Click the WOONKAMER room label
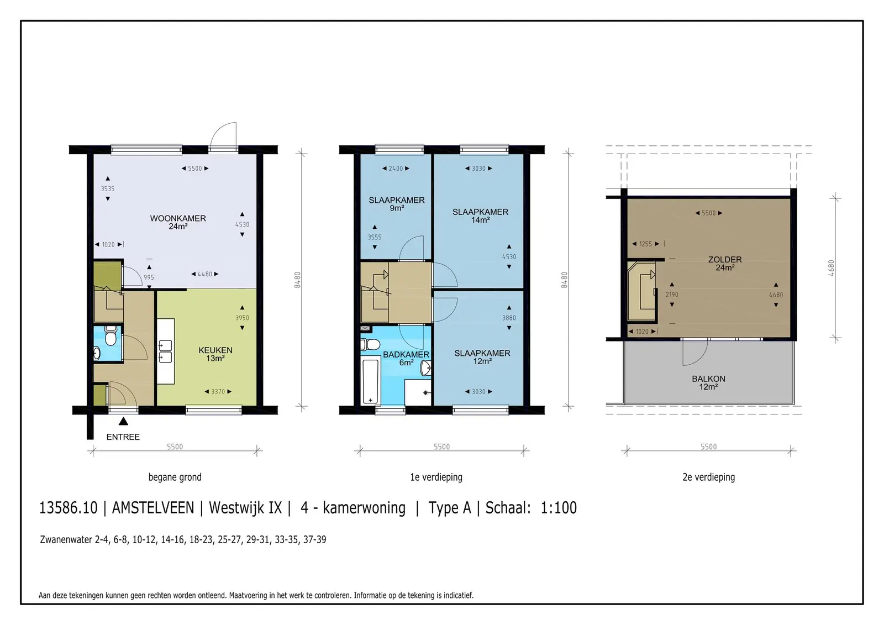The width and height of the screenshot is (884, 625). [178, 222]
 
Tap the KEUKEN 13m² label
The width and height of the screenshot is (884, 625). [215, 354]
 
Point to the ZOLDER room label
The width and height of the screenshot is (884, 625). [725, 264]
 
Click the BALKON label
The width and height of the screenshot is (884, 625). [708, 382]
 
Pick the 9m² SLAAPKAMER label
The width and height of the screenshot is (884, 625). [397, 204]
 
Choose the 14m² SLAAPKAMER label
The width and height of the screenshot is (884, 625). [480, 216]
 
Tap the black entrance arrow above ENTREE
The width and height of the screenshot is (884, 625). [123, 421]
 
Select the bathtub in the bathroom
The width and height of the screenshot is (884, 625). [370, 381]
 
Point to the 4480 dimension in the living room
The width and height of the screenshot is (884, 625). [205, 274]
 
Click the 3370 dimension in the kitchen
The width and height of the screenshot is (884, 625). [218, 392]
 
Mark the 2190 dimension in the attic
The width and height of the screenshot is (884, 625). [672, 295]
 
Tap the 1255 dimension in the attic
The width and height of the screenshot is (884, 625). [646, 244]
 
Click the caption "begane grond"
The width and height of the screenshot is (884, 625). [175, 477]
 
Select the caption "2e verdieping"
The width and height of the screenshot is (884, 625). [709, 477]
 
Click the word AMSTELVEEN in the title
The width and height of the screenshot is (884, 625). [153, 508]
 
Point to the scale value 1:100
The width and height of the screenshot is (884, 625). [559, 508]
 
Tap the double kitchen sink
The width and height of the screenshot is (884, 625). [165, 351]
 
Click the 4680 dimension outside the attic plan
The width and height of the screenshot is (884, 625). [831, 268]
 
